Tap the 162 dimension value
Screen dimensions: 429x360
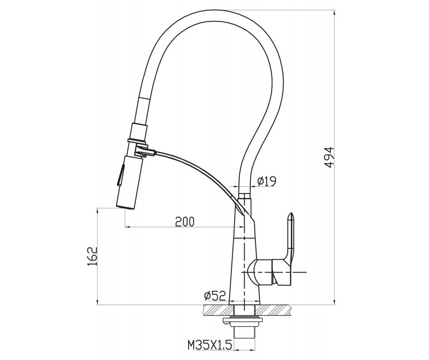(x=92, y=256)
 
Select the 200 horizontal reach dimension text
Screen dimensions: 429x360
(x=185, y=222)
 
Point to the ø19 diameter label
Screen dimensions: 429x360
(x=267, y=181)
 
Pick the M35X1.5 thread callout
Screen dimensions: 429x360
(x=210, y=345)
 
